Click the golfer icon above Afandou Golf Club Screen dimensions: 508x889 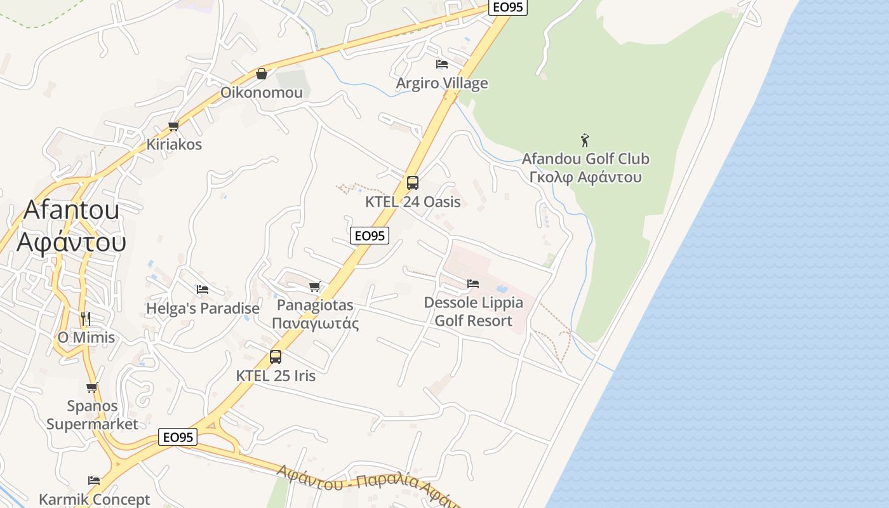585,140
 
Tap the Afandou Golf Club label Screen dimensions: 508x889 585,159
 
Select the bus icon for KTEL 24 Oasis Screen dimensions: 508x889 413,184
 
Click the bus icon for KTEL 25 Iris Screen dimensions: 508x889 275,357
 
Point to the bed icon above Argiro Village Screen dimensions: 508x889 442,64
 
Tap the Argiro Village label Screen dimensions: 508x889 442,83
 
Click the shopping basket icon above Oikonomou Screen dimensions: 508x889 261,74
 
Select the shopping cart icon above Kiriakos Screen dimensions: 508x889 173,126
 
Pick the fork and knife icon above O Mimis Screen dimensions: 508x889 86,318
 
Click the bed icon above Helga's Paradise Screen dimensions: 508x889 203,290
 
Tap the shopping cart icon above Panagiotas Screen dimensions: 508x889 315,286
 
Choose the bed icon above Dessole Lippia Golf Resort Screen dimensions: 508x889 473,284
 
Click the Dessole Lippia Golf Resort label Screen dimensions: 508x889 473,311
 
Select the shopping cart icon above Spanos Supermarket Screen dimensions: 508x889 92,387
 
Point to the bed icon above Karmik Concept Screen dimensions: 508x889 94,481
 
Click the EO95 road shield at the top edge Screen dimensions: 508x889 508,8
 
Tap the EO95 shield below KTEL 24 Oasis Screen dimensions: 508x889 369,236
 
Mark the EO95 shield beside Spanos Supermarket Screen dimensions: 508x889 178,437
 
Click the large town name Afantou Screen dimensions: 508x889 71,210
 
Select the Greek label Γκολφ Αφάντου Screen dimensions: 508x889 585,177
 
